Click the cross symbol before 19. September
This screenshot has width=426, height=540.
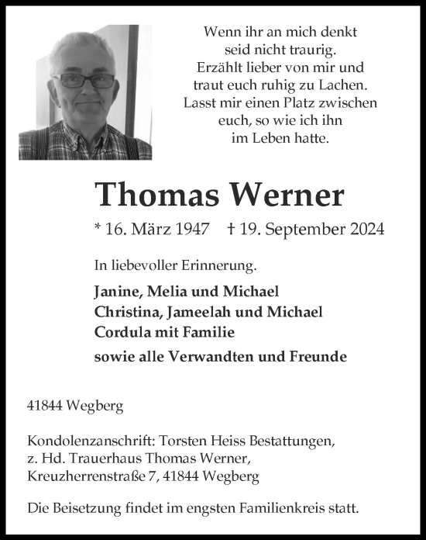[x=232, y=229]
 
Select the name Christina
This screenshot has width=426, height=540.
[x=125, y=312]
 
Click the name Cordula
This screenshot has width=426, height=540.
[x=120, y=331]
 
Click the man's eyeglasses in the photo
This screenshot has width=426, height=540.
[x=85, y=80]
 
